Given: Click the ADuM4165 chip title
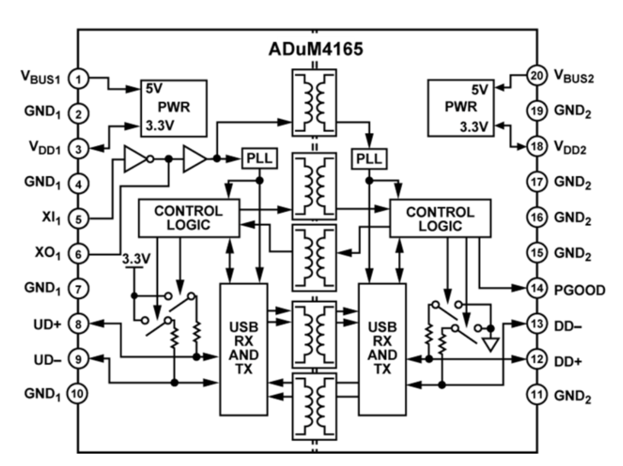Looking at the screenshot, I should click(315, 49).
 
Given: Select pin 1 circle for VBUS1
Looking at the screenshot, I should click(78, 78).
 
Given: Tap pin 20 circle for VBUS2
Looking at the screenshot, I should click(536, 75).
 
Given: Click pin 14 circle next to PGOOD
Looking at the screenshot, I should click(536, 289).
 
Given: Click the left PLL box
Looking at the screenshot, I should click(260, 159).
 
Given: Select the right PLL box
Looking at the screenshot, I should click(369, 159).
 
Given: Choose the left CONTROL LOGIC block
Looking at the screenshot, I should click(189, 218).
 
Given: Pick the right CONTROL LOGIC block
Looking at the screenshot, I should click(440, 218).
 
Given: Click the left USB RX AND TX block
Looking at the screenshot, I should click(243, 349).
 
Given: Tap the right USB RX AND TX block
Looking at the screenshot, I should click(382, 349).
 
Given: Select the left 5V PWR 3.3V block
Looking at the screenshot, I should click(174, 108).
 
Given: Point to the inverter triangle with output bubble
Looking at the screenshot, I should click(136, 159).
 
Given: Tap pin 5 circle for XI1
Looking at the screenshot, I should click(78, 219).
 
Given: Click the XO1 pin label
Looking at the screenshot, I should click(48, 253).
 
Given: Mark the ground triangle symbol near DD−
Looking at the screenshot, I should click(491, 345).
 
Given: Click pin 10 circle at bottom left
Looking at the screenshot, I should click(78, 393).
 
